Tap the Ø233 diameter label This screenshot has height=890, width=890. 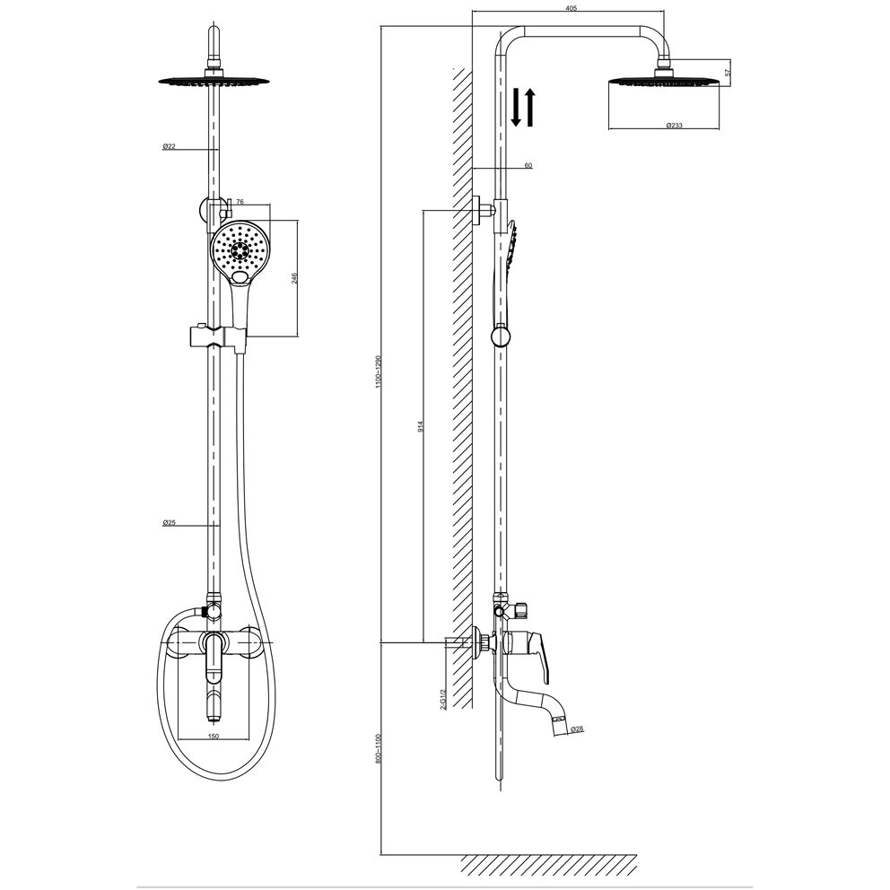point(675,126)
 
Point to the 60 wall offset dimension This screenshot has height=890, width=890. point(528,165)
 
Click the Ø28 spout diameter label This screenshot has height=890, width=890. point(577,729)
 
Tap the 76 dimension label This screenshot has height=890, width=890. point(240,203)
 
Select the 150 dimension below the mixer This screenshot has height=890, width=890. point(214,737)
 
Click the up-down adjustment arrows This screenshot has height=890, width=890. point(523,106)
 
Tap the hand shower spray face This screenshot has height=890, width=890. point(238,251)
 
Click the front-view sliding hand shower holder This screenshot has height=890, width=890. point(214,336)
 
